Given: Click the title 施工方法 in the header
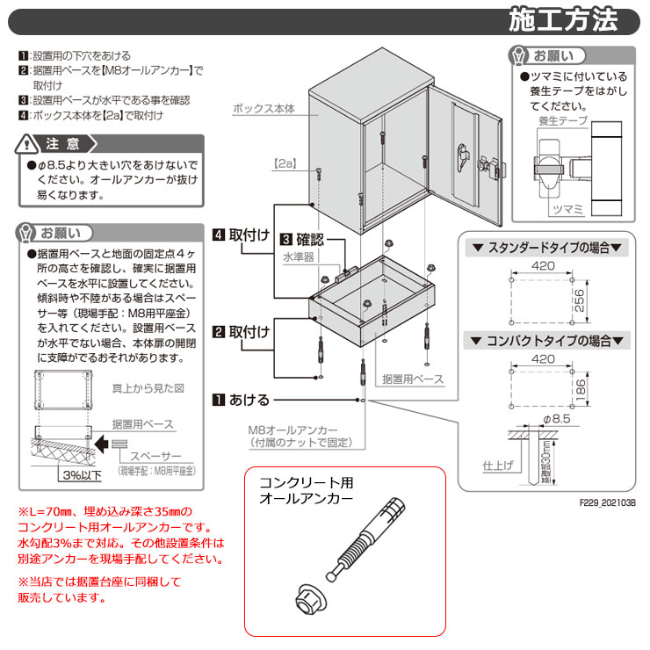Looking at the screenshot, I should tap(563, 18).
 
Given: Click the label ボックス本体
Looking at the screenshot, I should tap(264, 109).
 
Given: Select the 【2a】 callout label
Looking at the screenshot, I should tap(285, 163).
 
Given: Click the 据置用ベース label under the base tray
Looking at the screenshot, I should tap(413, 379).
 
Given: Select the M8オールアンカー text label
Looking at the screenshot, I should tap(286, 430).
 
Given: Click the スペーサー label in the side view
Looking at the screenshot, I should tap(156, 457).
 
